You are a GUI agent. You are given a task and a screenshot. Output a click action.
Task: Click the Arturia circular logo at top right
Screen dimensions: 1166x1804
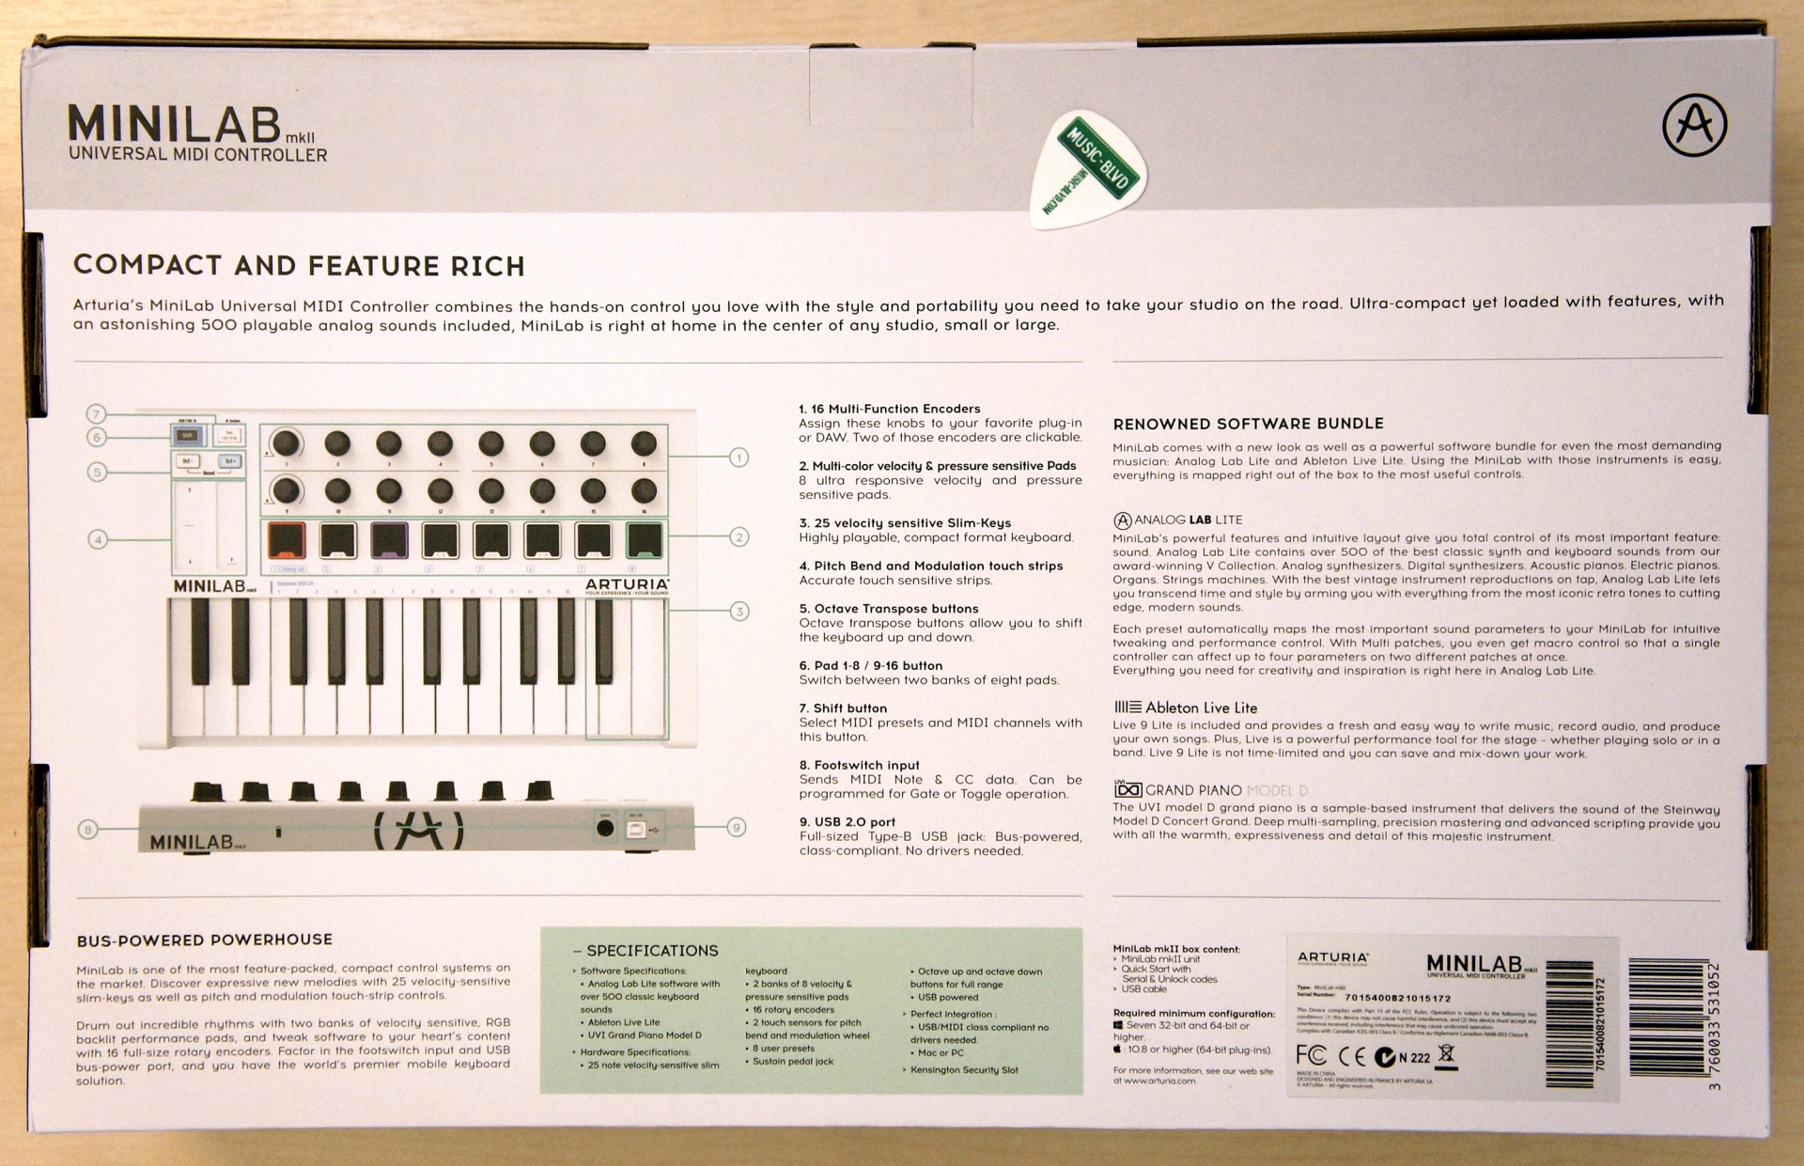tap(1694, 125)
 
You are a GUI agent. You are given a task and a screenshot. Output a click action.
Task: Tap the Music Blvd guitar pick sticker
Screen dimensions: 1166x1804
tap(1091, 169)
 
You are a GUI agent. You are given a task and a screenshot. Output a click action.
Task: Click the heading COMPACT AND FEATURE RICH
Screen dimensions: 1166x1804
tap(299, 266)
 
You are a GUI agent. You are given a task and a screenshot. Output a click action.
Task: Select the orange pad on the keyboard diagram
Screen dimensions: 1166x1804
tap(287, 540)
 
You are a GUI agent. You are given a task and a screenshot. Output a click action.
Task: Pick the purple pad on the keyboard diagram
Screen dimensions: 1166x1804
tap(389, 540)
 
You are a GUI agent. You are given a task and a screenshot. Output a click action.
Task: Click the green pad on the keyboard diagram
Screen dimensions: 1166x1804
tap(645, 540)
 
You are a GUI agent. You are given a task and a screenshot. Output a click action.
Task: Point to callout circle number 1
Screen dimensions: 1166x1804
tap(739, 458)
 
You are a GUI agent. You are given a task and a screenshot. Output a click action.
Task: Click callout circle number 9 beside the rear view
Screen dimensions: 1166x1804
tap(737, 827)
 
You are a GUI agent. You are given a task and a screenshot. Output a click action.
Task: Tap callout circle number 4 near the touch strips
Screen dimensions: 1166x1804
tap(97, 539)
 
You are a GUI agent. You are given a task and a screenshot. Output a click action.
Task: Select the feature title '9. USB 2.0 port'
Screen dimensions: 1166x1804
tap(847, 821)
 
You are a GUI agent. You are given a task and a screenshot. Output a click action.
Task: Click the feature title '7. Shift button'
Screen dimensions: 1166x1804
tap(843, 707)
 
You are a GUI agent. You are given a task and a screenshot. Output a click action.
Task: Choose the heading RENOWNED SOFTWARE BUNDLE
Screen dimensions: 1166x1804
tap(1248, 424)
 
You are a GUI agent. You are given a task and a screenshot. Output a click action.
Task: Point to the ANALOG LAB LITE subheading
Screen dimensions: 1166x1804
tap(1178, 520)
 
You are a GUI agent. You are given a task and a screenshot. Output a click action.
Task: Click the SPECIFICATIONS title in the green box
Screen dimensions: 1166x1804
tap(651, 951)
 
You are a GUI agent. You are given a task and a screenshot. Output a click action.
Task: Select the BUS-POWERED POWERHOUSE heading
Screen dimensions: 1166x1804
tap(204, 940)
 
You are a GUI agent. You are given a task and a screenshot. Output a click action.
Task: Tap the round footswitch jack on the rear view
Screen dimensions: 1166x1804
tap(605, 828)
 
